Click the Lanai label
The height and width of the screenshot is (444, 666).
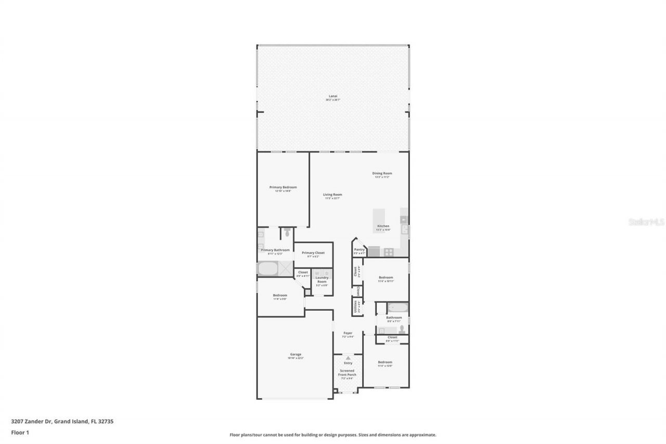click(332, 96)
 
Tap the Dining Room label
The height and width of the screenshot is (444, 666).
click(382, 173)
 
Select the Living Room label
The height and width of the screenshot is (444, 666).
click(332, 195)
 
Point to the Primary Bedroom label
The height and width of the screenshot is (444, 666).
click(283, 187)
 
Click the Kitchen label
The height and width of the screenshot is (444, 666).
click(383, 226)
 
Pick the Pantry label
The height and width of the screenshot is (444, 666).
click(360, 250)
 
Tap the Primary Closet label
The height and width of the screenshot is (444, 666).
click(313, 253)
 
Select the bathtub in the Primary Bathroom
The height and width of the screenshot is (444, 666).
click(267, 268)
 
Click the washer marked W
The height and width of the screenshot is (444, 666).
click(316, 273)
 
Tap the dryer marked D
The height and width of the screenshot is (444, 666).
click(326, 273)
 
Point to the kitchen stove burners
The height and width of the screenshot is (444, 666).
click(388, 252)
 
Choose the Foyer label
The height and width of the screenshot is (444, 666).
click(348, 333)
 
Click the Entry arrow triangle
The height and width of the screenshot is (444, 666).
click(348, 358)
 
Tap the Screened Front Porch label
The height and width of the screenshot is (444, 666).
click(348, 373)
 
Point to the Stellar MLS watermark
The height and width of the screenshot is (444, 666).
click(647, 222)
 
